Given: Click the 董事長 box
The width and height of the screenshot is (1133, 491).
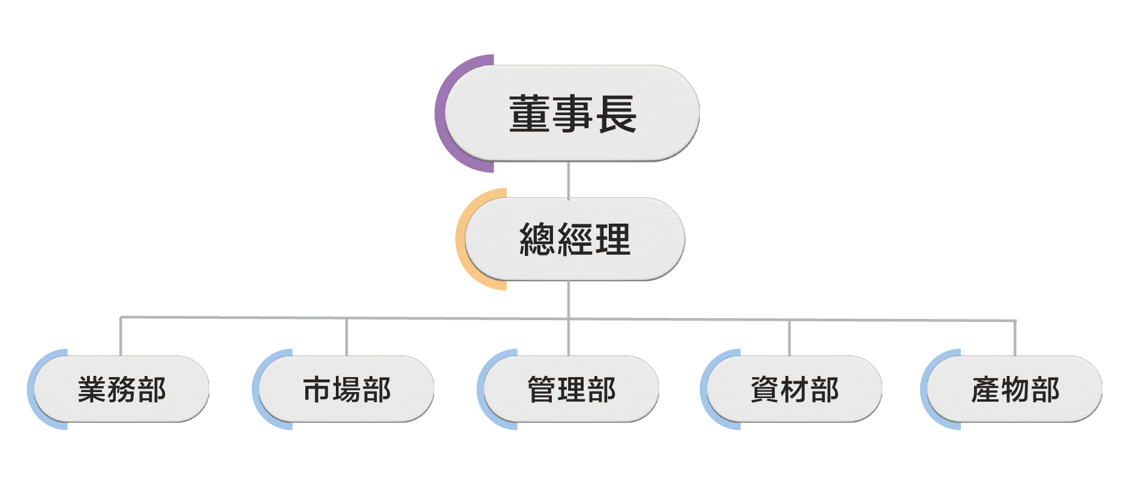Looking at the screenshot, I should (x=572, y=113).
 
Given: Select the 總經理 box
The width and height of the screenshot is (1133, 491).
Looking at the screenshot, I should (x=575, y=239).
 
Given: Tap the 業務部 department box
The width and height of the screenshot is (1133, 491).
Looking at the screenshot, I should (x=122, y=390).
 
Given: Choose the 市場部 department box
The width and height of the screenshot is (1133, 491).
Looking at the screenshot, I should (x=347, y=390).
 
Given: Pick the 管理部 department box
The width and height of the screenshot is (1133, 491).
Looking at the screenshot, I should (x=571, y=390).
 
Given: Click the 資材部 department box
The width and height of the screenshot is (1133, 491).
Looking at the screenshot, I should (x=795, y=390).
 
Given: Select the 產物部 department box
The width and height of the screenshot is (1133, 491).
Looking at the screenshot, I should (x=1015, y=390).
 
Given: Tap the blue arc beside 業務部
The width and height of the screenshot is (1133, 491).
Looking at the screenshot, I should (x=31, y=390).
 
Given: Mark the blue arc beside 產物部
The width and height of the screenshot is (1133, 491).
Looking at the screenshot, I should (x=924, y=390).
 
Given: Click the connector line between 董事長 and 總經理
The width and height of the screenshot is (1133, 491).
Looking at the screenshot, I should (x=568, y=180).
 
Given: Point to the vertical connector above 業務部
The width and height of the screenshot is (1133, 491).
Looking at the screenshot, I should (x=121, y=336).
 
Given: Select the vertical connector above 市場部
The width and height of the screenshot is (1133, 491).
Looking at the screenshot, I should (x=346, y=337).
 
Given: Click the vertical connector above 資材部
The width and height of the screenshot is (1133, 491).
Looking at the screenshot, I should (x=789, y=338).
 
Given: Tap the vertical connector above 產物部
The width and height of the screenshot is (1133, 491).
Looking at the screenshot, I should (x=1015, y=339).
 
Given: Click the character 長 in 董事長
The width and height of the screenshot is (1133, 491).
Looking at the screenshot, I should (x=616, y=114).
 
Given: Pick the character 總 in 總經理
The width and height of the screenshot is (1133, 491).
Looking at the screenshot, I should (x=537, y=239).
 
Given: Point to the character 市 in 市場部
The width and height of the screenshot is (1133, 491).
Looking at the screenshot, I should (x=317, y=390).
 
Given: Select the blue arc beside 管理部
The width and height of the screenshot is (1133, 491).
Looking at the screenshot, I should (x=480, y=390).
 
